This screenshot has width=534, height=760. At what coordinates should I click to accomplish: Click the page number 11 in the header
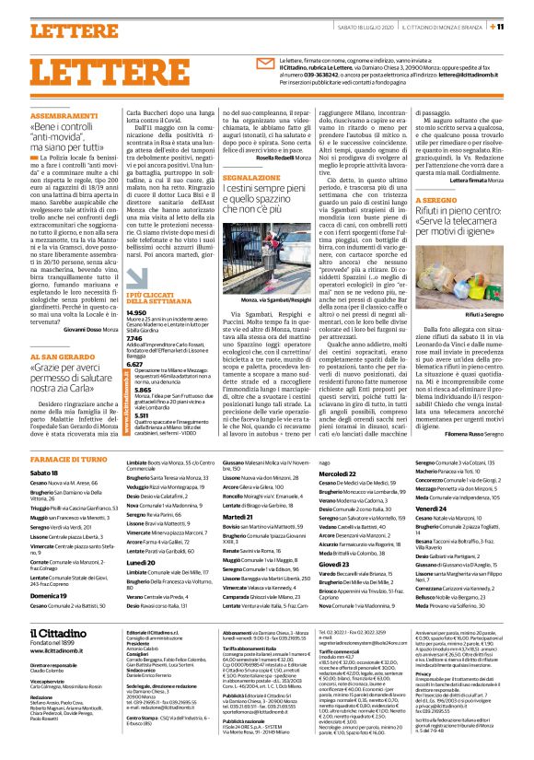pyautogui.click(x=521, y=26)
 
